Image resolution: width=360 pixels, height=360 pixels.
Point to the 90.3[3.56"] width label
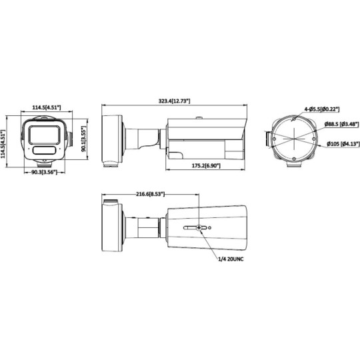click(x=45, y=173)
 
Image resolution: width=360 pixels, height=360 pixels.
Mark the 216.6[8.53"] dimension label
click(x=150, y=194)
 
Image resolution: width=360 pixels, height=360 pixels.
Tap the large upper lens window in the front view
click(x=45, y=131)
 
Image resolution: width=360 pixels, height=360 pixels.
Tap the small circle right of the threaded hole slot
click(x=210, y=227)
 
